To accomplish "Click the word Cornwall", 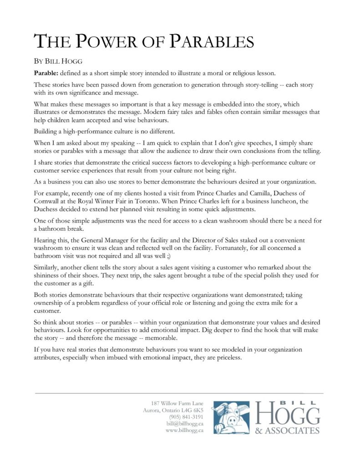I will (49, 201).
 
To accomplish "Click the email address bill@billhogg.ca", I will (185, 424).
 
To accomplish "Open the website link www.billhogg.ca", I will (184, 431).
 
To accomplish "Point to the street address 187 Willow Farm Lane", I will (177, 403).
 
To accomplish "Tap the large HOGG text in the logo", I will (288, 415).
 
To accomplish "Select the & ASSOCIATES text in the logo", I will (288, 430).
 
